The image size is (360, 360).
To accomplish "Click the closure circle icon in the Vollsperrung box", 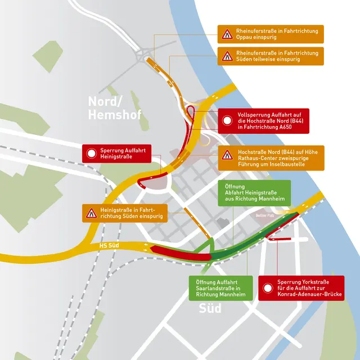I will [227, 120].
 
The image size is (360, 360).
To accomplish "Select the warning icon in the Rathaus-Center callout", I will [227, 156].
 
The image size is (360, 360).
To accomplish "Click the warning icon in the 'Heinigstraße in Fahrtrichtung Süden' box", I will [92, 213].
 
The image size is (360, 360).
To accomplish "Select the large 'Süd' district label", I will [210, 309].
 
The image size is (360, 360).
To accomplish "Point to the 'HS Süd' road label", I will [110, 246].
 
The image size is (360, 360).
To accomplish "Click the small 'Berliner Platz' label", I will [258, 215].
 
